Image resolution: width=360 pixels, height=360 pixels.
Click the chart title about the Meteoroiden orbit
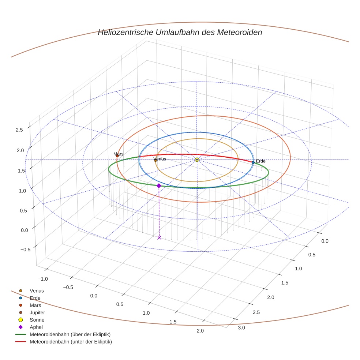[180, 32]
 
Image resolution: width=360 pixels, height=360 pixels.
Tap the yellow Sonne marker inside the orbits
[197, 160]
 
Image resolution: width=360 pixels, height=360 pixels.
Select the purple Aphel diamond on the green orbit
[159, 186]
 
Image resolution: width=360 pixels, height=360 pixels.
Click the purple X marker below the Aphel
[159, 238]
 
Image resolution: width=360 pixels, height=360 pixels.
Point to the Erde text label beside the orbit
[260, 161]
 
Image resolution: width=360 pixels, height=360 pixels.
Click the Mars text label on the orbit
[119, 154]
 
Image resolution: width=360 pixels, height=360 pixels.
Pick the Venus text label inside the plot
[160, 159]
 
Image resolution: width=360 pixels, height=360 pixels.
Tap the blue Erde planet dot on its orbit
[253, 162]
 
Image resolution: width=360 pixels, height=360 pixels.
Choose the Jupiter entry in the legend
[37, 313]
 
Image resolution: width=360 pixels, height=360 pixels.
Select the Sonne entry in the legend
[37, 320]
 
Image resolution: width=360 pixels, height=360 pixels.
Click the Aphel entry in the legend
[36, 327]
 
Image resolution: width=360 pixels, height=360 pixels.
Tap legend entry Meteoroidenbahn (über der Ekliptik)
[70, 335]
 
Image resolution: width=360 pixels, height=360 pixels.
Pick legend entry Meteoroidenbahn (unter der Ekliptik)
[71, 342]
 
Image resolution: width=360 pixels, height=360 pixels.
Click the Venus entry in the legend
[37, 291]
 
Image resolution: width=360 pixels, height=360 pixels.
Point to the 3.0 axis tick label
[241, 328]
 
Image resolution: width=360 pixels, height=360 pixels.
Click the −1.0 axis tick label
[42, 279]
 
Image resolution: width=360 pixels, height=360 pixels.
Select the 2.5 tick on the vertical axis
[19, 130]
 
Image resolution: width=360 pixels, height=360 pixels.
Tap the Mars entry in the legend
[35, 305]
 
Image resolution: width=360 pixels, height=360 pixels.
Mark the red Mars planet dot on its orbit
[117, 156]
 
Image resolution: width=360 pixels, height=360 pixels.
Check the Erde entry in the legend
[35, 298]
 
